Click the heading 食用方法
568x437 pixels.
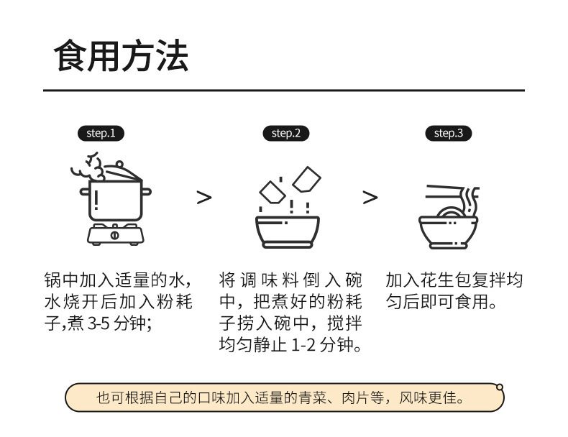122,56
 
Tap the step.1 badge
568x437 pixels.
101,133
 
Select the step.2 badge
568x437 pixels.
285,133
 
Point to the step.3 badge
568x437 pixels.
449,133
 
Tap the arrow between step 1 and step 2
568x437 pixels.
204,197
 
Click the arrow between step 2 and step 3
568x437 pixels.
370,197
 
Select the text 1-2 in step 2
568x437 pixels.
305,346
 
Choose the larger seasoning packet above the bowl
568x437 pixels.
308,179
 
